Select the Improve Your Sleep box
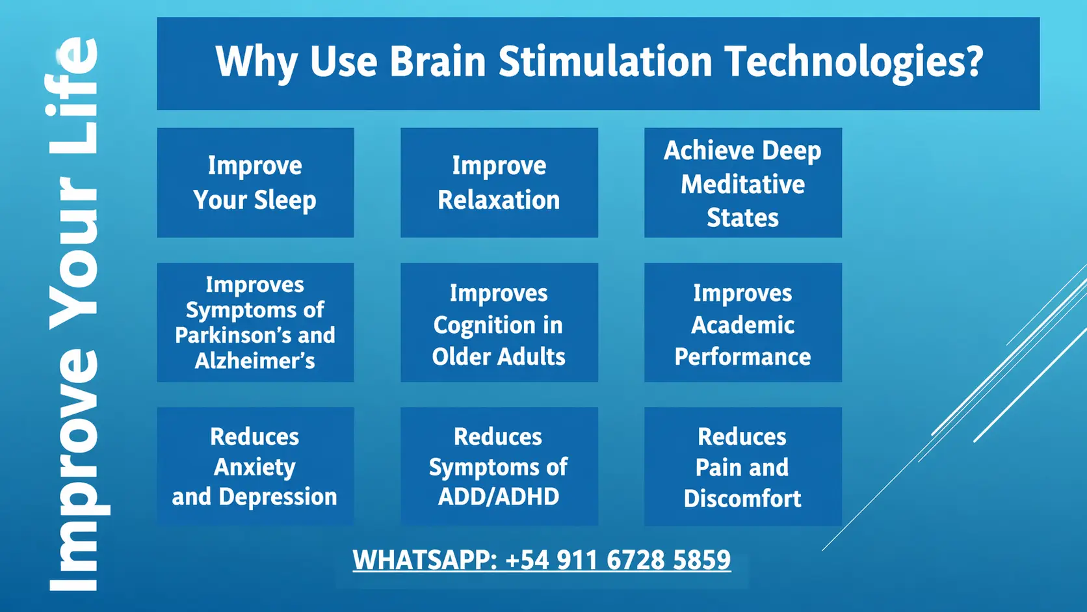tap(255, 183)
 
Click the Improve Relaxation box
tap(499, 183)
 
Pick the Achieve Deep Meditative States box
tap(743, 183)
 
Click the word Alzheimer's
tap(255, 360)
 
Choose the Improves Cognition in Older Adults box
tap(499, 322)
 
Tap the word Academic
tap(742, 325)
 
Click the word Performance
tap(742, 357)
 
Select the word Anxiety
tap(255, 468)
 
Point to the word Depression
tap(278, 497)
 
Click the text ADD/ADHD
tap(499, 497)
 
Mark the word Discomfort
tap(742, 498)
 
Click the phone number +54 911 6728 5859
tap(618, 559)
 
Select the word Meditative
tap(742, 185)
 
